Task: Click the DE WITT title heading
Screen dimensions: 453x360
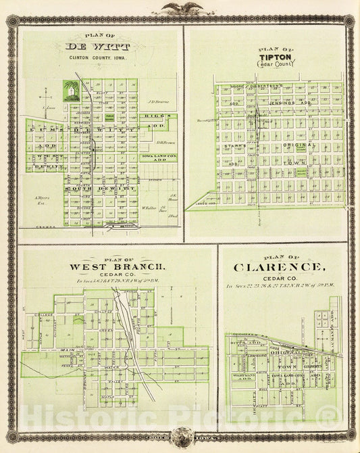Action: point(99,47)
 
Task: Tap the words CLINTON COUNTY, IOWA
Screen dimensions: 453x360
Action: point(99,58)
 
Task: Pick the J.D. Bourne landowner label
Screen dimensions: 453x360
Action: point(158,103)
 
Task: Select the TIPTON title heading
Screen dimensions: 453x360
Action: point(274,57)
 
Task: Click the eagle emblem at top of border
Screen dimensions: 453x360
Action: point(179,8)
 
